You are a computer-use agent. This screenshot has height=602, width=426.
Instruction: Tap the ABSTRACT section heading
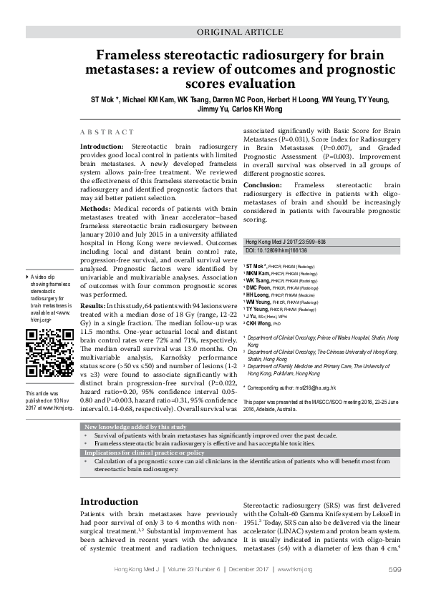point(107,132)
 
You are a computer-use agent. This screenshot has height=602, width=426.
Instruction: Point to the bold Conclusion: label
point(266,185)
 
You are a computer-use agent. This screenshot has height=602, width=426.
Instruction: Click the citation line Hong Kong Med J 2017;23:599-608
point(285,242)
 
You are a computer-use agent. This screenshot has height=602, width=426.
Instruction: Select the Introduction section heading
point(117,501)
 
